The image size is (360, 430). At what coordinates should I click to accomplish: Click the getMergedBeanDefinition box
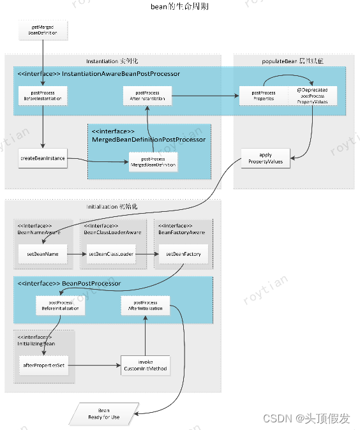(43, 29)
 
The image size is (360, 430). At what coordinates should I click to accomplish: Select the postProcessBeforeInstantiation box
(43, 96)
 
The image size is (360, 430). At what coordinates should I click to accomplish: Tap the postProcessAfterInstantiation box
(147, 96)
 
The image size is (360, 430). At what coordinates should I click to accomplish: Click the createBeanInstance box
(43, 158)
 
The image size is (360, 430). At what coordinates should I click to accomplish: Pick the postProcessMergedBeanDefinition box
(153, 162)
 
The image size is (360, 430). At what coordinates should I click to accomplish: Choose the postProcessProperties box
(263, 96)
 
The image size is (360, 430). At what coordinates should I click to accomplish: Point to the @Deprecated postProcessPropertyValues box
(311, 96)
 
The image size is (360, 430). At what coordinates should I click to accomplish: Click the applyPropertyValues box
(266, 158)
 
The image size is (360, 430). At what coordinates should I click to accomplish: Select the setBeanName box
(43, 254)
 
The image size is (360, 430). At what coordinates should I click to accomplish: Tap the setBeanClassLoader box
(111, 254)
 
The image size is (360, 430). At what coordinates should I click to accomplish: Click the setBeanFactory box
(183, 254)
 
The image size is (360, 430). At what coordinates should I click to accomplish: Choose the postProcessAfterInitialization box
(145, 304)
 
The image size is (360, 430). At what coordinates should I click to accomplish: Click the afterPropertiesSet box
(43, 366)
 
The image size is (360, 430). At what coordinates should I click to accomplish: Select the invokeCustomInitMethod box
(145, 366)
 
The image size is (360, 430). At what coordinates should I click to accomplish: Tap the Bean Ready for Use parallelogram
(103, 414)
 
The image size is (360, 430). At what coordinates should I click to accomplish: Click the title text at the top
(179, 6)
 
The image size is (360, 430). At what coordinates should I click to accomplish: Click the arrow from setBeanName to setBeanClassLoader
(77, 254)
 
